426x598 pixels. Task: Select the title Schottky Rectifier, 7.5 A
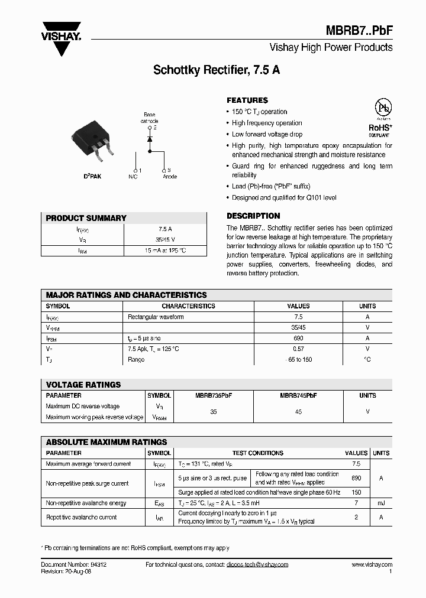tap(217, 70)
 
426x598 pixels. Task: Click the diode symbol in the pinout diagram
tap(150, 139)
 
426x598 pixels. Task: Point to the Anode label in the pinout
tap(169, 177)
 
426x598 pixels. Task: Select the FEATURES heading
tap(247, 100)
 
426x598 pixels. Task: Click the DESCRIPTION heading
tap(253, 216)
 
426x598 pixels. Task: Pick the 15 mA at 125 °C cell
tap(165, 251)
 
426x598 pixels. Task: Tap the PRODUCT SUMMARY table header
tap(86, 218)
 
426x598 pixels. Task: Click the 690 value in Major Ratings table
tap(298, 339)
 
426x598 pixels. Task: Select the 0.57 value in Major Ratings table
tap(298, 349)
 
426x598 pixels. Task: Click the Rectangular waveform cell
tap(156, 317)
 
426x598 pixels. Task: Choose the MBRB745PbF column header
tap(298, 395)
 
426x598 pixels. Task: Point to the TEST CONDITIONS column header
tap(257, 453)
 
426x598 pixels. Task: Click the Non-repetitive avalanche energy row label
tap(86, 503)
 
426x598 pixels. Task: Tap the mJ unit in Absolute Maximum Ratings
tap(381, 503)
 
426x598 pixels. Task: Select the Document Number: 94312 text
tap(73, 565)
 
